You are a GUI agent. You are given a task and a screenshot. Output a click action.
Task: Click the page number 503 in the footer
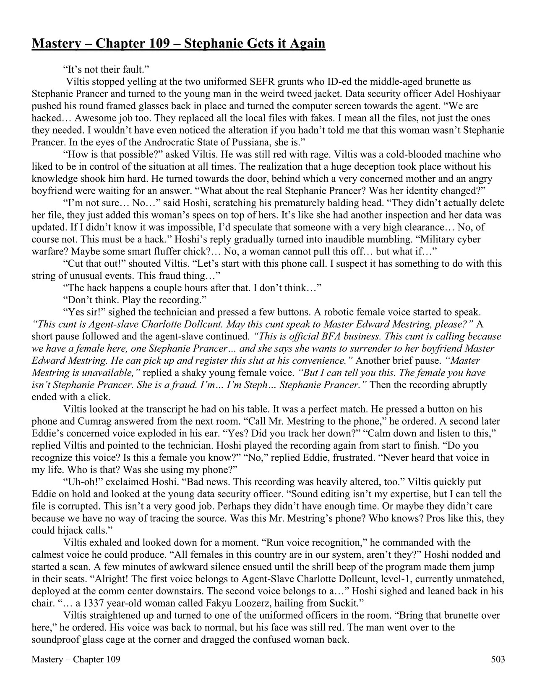pos(498,659)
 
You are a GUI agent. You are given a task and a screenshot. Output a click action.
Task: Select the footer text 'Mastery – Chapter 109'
pos(76,659)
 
